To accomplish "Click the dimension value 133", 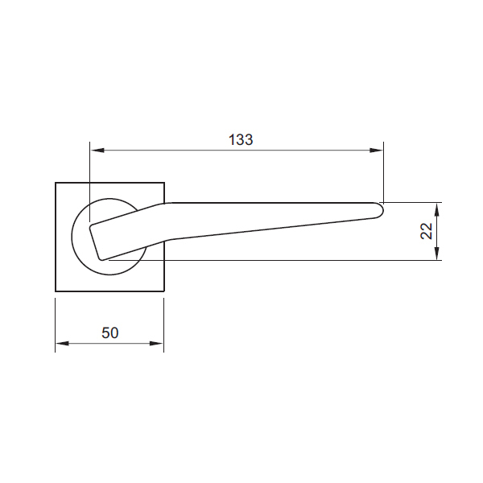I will pos(240,139).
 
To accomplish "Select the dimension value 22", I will pos(427,231).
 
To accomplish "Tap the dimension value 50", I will pos(110,332).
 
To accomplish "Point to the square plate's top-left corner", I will pos(56,184).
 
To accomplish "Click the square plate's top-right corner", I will pos(164,184).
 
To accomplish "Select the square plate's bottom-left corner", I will pos(56,291).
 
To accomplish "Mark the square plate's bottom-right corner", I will pos(164,291).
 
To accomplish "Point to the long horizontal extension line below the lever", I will pos(282,260).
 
